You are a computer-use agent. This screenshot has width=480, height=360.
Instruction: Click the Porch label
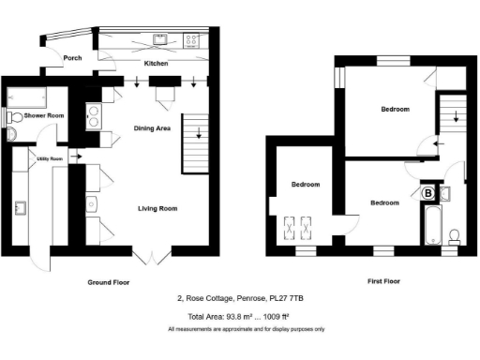pyautogui.click(x=72, y=58)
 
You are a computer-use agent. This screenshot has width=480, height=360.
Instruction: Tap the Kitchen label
pyautogui.click(x=155, y=64)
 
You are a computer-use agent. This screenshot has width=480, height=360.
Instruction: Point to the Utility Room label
pyautogui.click(x=50, y=159)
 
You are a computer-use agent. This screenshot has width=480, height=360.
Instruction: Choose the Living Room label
pyautogui.click(x=157, y=208)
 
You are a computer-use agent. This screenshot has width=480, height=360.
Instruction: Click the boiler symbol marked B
pyautogui.click(x=428, y=193)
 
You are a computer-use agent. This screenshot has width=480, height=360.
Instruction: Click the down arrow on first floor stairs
pyautogui.click(x=456, y=117)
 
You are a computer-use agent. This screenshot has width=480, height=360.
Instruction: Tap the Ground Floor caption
pyautogui.click(x=109, y=282)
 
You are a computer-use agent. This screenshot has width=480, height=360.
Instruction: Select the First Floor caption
pyautogui.click(x=384, y=281)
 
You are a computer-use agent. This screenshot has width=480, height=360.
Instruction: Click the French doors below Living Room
pyautogui.click(x=142, y=255)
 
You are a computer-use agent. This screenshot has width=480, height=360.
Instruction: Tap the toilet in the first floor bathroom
pyautogui.click(x=453, y=234)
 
